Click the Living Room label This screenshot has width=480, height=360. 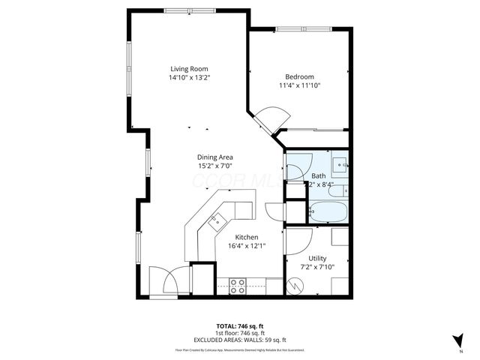(x=188, y=68)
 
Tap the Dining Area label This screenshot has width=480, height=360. (x=215, y=157)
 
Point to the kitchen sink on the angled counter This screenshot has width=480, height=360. (x=216, y=220)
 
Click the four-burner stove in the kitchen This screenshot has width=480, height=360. (x=238, y=284)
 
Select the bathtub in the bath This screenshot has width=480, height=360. (x=327, y=212)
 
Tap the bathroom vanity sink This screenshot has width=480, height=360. (x=339, y=163)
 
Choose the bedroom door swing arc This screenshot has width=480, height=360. (x=270, y=118)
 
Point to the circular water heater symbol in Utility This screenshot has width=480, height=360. (x=295, y=285)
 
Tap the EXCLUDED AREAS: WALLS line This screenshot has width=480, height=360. (x=239, y=340)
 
